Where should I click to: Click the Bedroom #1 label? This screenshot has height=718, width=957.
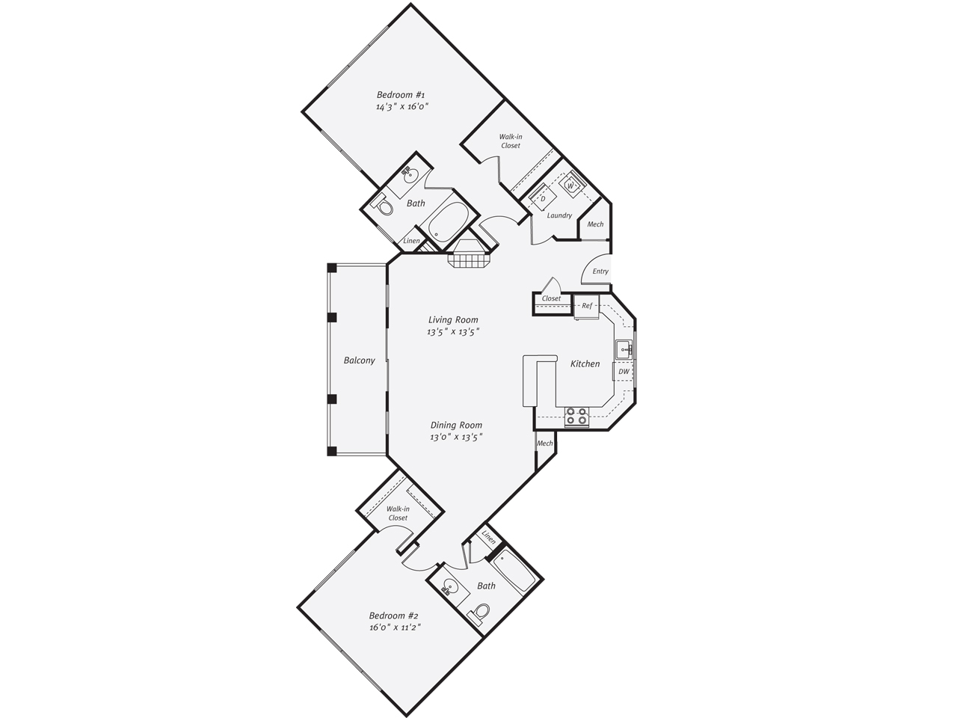(x=401, y=94)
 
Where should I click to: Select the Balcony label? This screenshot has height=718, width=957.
(x=360, y=360)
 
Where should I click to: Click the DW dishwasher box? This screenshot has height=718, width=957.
(x=624, y=372)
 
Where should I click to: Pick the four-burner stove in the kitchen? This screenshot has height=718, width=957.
(x=576, y=417)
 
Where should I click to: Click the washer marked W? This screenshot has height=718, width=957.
(x=570, y=185)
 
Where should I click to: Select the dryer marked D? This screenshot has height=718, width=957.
(x=543, y=199)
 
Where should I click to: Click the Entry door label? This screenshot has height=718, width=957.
(x=600, y=271)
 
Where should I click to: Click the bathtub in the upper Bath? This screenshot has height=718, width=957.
(x=448, y=225)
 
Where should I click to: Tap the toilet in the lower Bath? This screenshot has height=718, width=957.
(x=478, y=613)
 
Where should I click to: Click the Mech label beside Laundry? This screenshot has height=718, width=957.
(x=595, y=224)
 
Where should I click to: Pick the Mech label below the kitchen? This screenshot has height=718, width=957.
(x=544, y=444)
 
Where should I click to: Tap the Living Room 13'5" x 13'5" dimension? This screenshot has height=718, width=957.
(x=453, y=332)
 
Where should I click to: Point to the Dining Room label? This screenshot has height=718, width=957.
(x=456, y=425)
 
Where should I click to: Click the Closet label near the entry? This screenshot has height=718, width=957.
(x=551, y=298)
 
